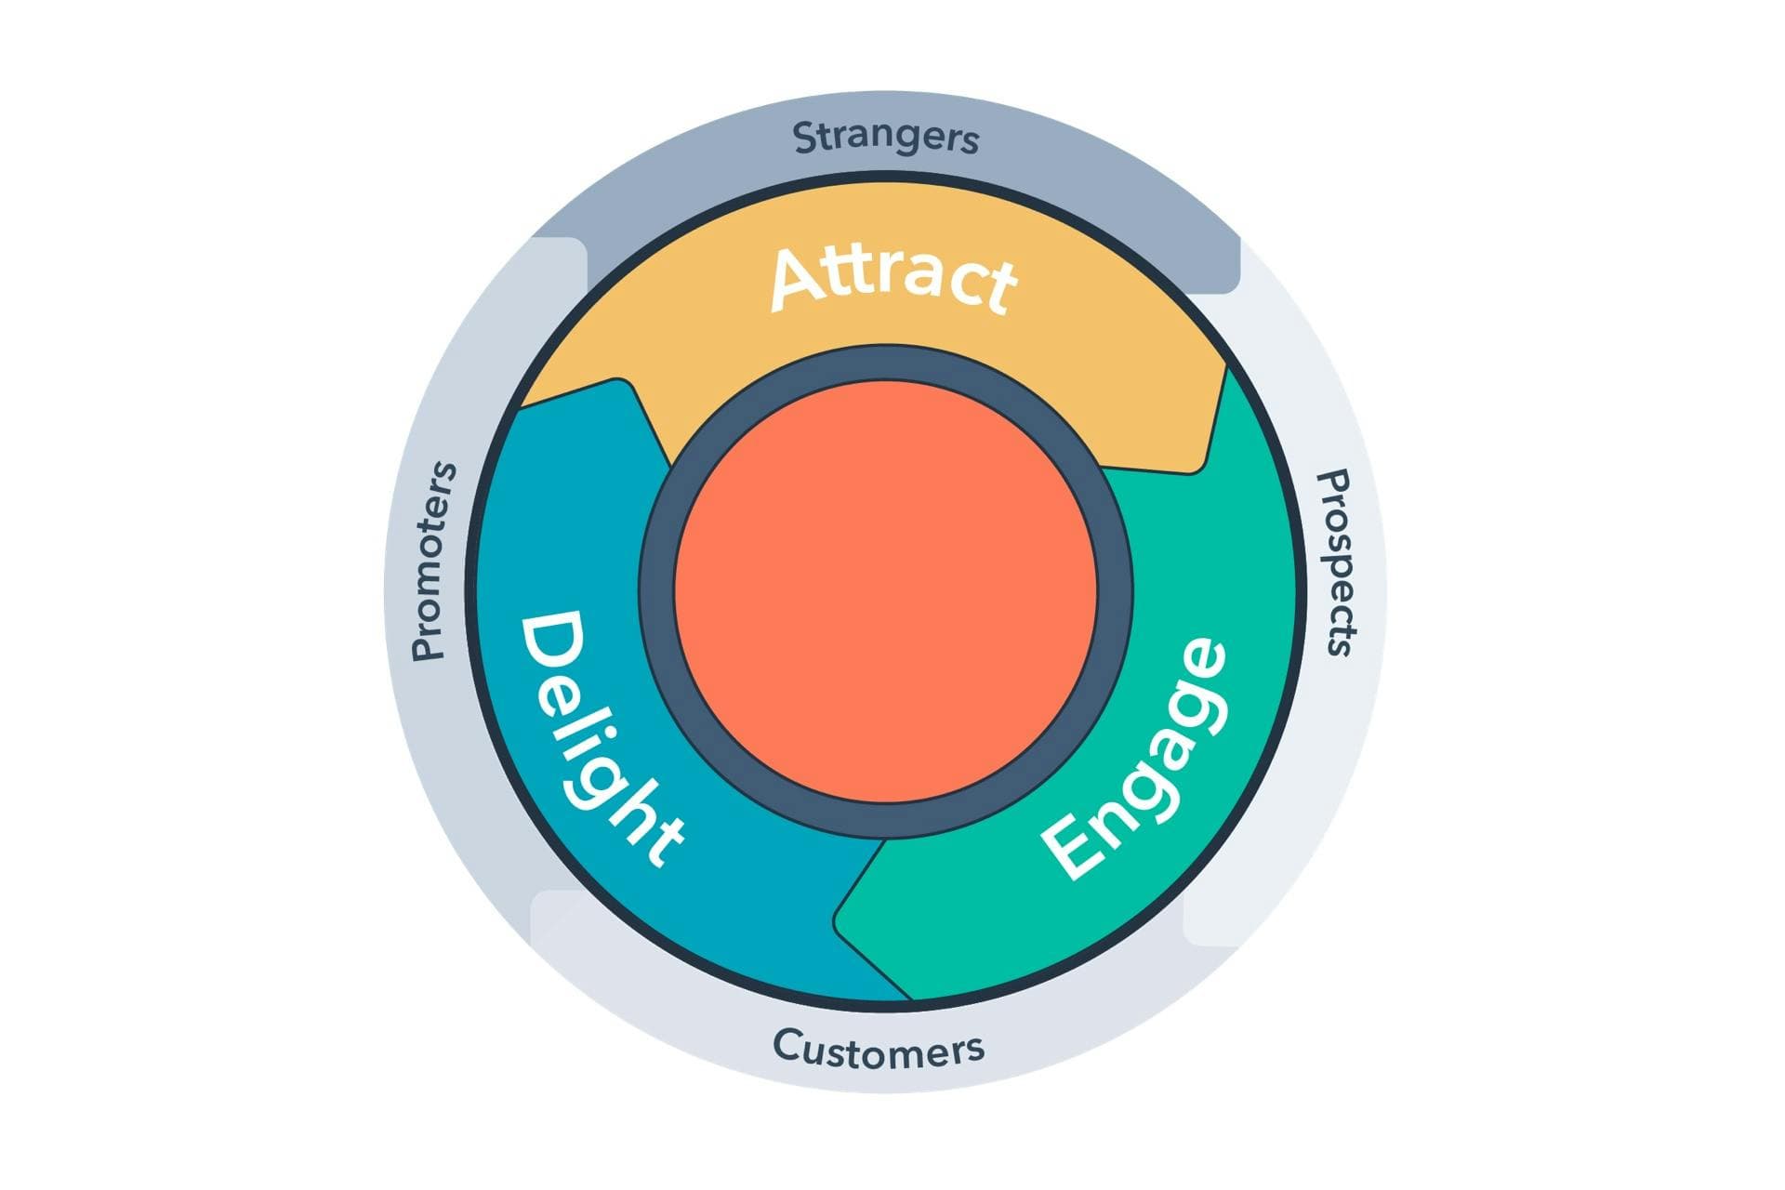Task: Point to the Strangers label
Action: (x=886, y=138)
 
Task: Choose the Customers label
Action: (x=879, y=1048)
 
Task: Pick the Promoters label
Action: (x=434, y=562)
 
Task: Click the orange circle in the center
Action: (x=886, y=591)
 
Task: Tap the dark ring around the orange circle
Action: (x=656, y=591)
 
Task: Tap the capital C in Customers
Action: (x=787, y=1045)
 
